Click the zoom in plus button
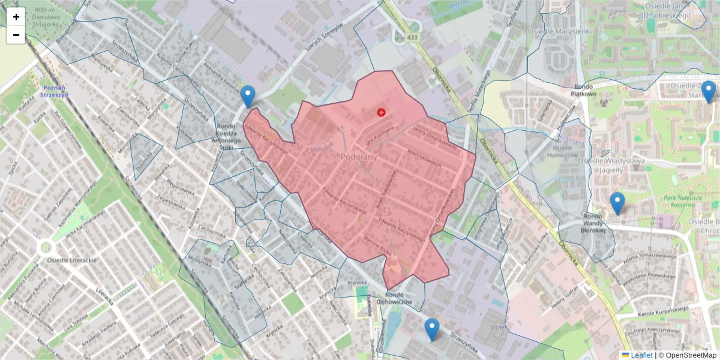(x=16, y=17)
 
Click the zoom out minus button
(x=16, y=35)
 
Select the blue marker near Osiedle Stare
(x=709, y=92)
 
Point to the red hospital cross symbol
(x=381, y=112)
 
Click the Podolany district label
(x=358, y=157)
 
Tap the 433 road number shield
(x=412, y=38)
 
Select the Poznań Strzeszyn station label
(x=53, y=91)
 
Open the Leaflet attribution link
(x=641, y=355)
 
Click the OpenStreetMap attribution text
(x=687, y=355)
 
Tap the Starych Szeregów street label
(x=322, y=43)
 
